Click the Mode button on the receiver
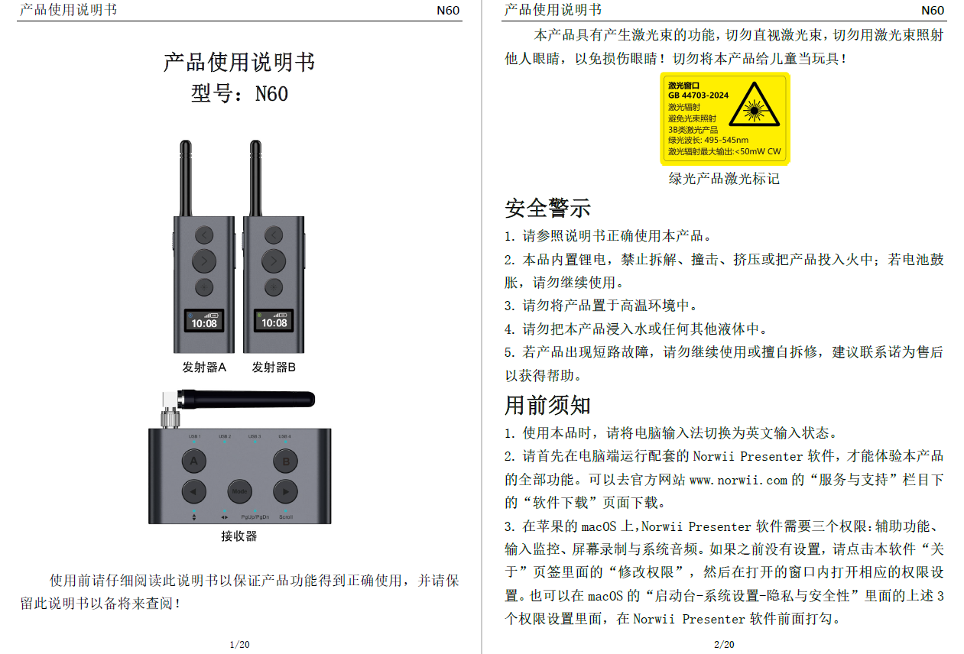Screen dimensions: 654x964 (x=239, y=490)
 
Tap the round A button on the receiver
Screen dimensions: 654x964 (x=193, y=461)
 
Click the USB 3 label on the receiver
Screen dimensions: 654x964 (x=255, y=436)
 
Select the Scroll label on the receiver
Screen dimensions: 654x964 (x=285, y=517)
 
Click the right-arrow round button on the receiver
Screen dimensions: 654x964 (x=285, y=490)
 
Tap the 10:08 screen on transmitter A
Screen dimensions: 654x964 (x=204, y=321)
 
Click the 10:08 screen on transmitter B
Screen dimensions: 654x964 (x=273, y=321)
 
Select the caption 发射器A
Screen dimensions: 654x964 (x=204, y=367)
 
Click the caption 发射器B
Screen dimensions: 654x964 (x=274, y=367)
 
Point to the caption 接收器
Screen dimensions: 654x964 (x=239, y=536)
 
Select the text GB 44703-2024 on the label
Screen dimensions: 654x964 (x=698, y=96)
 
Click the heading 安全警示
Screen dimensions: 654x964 (x=547, y=208)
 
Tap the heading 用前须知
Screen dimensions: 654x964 (x=547, y=404)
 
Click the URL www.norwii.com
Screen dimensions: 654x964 (x=738, y=480)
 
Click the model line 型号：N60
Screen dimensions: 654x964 (x=239, y=94)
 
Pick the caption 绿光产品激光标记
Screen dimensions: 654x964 (x=724, y=179)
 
